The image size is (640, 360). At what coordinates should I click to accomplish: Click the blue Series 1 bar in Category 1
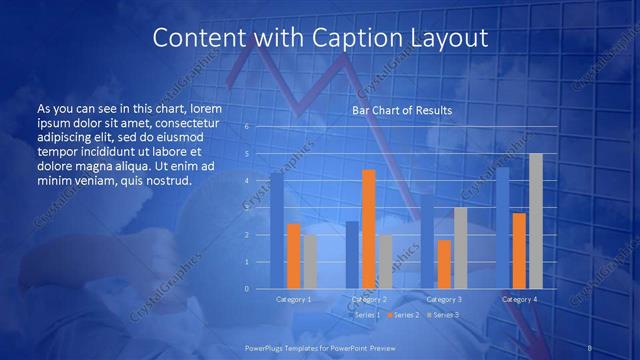(276, 231)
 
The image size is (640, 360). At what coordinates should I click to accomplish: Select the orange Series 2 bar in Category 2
(368, 229)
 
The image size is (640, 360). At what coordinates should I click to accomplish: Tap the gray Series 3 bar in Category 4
(536, 221)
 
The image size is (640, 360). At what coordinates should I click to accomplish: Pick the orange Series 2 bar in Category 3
(444, 264)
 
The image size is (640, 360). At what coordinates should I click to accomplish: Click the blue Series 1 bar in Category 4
(503, 228)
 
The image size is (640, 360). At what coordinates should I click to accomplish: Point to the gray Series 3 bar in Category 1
(310, 262)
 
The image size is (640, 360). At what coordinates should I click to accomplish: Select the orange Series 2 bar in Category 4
(519, 251)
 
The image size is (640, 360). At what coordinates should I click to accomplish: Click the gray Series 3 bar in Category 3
(460, 248)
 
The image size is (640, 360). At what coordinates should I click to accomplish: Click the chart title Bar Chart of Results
(402, 110)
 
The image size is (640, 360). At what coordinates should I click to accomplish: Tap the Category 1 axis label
(293, 299)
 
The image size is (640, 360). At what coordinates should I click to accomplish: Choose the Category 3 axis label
(444, 299)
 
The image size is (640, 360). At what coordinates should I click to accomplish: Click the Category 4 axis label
(519, 299)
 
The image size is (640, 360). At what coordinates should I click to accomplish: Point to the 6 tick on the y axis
(246, 127)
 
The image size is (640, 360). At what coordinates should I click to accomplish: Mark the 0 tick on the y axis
(246, 289)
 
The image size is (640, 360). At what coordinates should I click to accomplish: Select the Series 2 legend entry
(405, 315)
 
